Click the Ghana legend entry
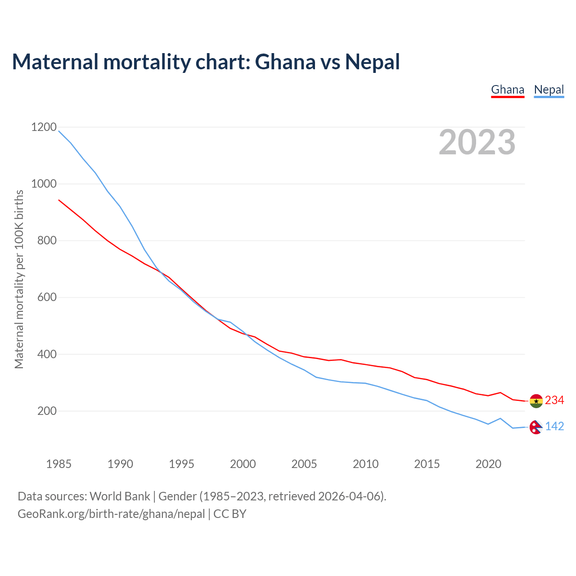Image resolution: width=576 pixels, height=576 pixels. [x=508, y=90]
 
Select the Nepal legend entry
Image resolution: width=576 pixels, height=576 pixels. [x=549, y=90]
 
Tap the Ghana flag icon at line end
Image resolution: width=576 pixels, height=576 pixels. [x=536, y=400]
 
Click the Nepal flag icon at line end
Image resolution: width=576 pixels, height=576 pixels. [x=535, y=427]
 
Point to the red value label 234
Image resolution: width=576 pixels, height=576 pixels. [x=554, y=400]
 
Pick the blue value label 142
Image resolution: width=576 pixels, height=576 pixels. [x=554, y=426]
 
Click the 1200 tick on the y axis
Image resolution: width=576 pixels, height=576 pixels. [x=44, y=127]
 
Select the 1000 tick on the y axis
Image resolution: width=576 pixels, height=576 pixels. [x=44, y=184]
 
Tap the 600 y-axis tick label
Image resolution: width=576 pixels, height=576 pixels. [x=47, y=297]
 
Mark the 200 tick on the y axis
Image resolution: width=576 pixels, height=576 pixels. [x=47, y=411]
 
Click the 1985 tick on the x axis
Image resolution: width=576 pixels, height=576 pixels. [x=59, y=464]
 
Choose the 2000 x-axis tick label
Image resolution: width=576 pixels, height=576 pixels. [x=243, y=464]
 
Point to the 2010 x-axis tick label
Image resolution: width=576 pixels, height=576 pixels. [x=365, y=464]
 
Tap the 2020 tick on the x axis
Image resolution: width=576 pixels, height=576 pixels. [x=488, y=464]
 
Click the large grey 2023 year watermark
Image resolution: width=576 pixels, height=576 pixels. [x=477, y=142]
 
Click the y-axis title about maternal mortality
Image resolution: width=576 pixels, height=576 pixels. [x=19, y=279]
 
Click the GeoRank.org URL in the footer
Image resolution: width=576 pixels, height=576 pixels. [x=111, y=514]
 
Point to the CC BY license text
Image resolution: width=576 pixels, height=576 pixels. [x=230, y=514]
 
